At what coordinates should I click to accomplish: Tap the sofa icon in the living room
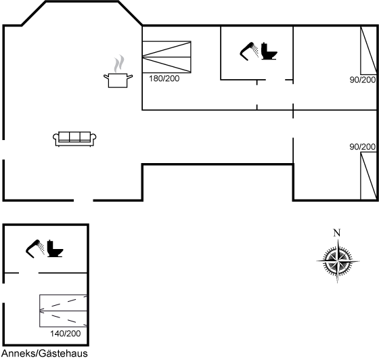click(x=74, y=139)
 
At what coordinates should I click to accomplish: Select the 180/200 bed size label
click(x=164, y=78)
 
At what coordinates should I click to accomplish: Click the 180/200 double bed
click(x=166, y=57)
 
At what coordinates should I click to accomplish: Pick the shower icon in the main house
click(x=249, y=51)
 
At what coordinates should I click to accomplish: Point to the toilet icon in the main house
click(x=269, y=51)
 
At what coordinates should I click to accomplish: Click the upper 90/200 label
click(x=363, y=80)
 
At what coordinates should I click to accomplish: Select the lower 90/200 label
click(x=363, y=147)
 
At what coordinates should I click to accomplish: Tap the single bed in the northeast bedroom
click(x=369, y=51)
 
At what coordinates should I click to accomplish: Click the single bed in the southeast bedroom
click(x=369, y=176)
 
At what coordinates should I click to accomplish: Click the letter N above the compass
click(x=337, y=233)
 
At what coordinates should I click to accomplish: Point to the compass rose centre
click(x=338, y=261)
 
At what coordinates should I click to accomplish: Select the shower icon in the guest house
click(x=35, y=248)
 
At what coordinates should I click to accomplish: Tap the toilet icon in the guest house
click(x=55, y=248)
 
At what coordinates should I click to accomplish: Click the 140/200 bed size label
click(x=65, y=334)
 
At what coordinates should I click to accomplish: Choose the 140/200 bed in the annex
click(x=63, y=311)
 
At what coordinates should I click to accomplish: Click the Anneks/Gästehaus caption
click(x=45, y=353)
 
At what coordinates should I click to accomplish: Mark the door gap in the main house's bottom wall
click(x=83, y=200)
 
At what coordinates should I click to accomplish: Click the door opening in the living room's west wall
click(x=3, y=150)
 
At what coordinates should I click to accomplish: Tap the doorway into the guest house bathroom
click(x=28, y=273)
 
